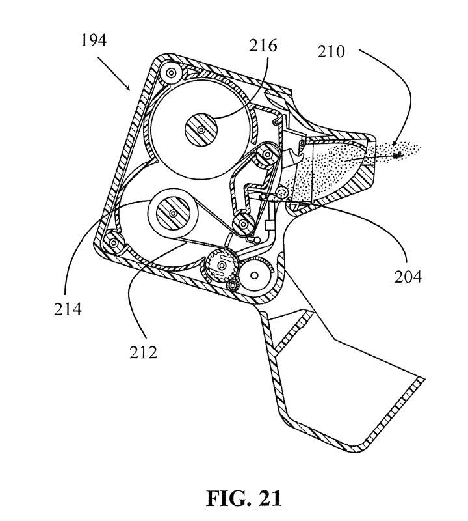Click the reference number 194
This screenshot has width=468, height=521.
click(94, 41)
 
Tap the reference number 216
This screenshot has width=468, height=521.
click(263, 46)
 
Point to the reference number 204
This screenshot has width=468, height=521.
click(408, 277)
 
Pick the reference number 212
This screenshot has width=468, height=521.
click(143, 352)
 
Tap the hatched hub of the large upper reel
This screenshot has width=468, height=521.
click(201, 132)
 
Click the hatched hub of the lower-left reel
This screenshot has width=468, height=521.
click(172, 214)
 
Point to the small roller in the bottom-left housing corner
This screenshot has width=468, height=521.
click(114, 243)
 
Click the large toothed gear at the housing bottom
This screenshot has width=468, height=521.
click(222, 266)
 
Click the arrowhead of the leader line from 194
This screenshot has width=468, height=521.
click(133, 89)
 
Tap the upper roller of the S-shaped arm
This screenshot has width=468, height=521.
click(266, 156)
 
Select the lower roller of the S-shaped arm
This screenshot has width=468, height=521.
click(244, 224)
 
